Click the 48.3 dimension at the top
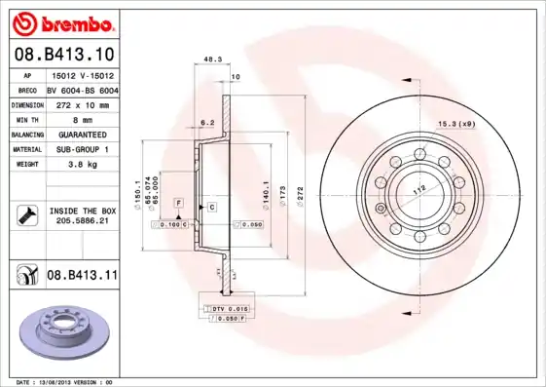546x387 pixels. (212, 59)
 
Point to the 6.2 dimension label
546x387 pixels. (206, 123)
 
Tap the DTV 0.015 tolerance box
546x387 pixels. (227, 308)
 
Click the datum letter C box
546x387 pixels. (210, 208)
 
